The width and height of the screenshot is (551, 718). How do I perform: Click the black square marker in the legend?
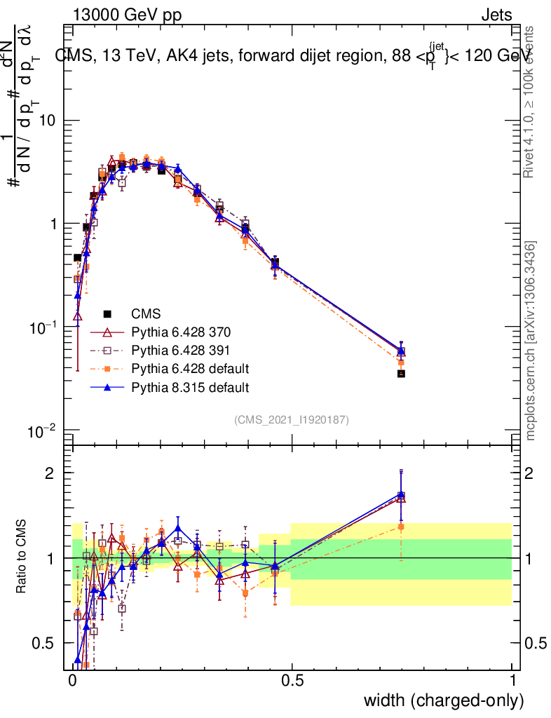107,313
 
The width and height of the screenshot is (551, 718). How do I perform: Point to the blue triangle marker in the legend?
107,386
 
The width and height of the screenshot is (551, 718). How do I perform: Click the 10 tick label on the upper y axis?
47,121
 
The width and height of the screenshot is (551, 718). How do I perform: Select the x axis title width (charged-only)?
443,701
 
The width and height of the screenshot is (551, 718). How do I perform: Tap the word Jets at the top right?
496,15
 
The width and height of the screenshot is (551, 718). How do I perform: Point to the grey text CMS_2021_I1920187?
292,419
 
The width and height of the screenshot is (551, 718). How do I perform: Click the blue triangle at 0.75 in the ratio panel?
401,494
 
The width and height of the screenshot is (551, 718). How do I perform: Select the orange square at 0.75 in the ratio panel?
401,527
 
